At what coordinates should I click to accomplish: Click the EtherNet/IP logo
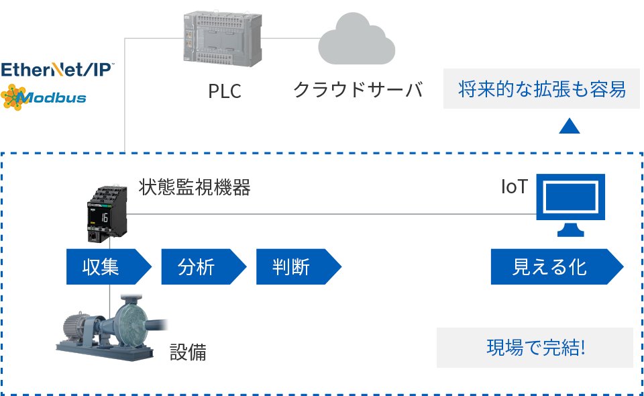58,70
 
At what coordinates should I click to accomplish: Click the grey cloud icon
356,42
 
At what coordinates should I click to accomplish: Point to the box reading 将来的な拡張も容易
541,89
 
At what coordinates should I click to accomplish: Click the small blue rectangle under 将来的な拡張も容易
569,126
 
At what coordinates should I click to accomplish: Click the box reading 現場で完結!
535,347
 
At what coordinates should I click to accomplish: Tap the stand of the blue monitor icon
570,230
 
